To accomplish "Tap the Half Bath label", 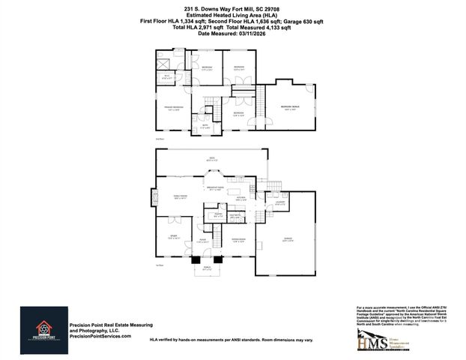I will click(234, 216).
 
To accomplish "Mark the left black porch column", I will click(195, 259).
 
